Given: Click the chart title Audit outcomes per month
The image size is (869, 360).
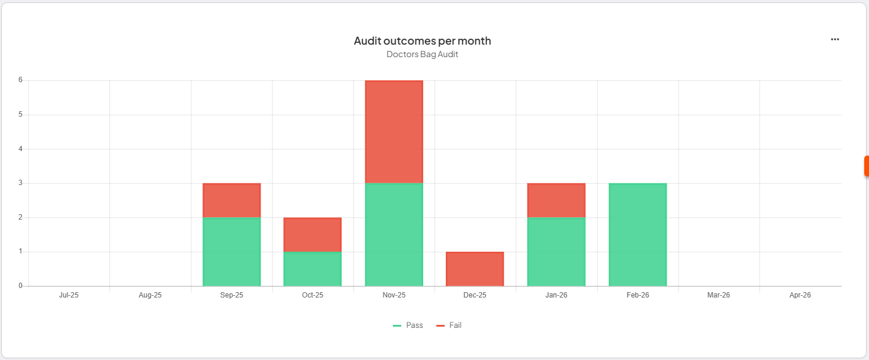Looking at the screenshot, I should pos(422,41).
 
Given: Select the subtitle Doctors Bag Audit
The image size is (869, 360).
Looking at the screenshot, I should pos(422,54).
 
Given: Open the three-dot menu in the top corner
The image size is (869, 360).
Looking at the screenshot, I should pos(834,39).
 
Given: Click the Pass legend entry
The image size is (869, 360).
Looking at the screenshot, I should pos(408,325).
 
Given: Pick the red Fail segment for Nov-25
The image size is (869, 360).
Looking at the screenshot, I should pos(393,132).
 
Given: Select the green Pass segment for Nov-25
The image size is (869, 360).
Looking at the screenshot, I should pos(393,234).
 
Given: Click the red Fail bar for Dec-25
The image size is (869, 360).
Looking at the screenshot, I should pos(475,269).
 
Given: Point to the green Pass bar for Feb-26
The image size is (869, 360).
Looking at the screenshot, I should pos(637,234).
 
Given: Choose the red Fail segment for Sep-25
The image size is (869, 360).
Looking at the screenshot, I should pos(232,201).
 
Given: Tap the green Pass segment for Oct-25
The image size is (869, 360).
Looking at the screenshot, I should pos(312,269).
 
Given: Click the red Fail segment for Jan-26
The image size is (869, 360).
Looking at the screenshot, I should pos(556,201).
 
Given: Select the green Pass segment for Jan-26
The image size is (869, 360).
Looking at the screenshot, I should pos(556,252).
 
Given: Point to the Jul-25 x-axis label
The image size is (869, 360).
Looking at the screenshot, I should pos(69,295).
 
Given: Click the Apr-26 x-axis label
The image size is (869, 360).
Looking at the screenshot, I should pos(800,295).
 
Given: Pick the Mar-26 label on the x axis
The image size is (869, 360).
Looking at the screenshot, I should pos(718,295).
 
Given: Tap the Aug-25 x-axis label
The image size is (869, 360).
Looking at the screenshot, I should pos(150,295).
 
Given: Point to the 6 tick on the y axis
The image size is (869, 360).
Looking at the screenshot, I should pos(20,80).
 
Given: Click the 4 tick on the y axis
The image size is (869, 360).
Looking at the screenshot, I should pos(20,149).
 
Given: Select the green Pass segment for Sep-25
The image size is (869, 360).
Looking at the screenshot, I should pos(232,252).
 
